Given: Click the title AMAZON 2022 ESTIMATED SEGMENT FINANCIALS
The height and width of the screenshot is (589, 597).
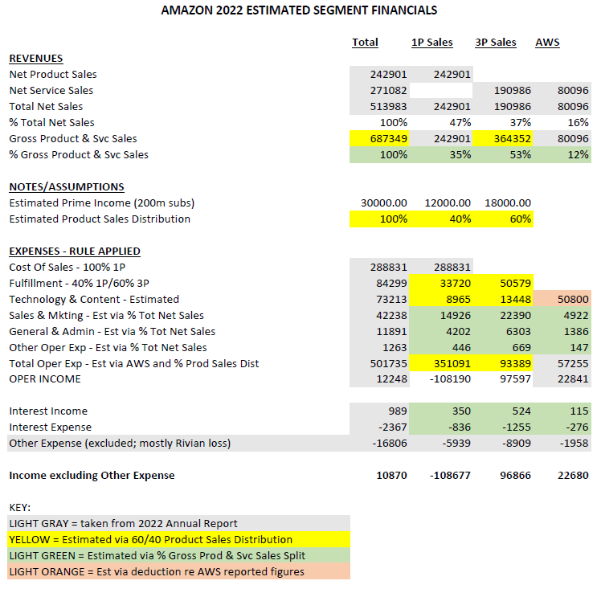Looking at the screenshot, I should (299, 11).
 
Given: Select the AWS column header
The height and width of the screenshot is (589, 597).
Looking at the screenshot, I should (547, 43).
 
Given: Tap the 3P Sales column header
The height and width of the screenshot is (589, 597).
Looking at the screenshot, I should (496, 43).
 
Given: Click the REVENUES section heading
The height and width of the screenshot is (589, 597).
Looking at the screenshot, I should (36, 59).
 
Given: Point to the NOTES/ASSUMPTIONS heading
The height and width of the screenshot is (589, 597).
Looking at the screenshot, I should (67, 187).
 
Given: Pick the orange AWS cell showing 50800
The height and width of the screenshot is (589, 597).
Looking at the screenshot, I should (571, 300).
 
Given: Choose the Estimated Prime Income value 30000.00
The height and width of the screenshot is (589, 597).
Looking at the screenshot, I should (384, 203).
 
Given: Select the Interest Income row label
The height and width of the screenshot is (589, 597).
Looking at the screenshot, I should (48, 411).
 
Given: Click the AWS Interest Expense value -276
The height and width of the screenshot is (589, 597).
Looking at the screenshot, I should (575, 427).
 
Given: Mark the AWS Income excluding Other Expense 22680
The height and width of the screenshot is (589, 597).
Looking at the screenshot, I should (571, 476).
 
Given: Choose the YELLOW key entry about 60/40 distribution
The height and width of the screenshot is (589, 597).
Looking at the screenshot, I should (150, 540).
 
